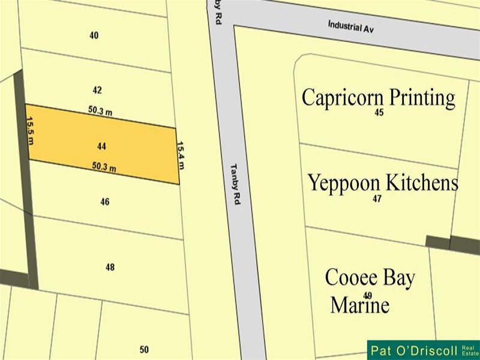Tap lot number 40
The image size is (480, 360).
(94, 35)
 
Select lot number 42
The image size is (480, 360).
(97, 90)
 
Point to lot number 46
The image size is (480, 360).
(105, 202)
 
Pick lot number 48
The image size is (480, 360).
(110, 267)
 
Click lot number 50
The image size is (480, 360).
(144, 349)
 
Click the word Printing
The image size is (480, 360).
(422, 98)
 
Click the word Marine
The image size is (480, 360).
(359, 305)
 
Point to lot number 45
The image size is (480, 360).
(379, 112)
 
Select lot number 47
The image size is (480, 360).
(377, 199)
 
